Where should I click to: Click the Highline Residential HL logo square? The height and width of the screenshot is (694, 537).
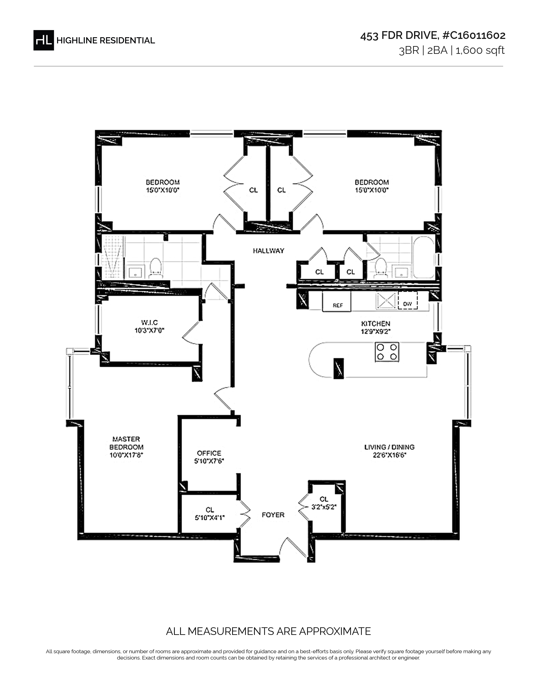44,40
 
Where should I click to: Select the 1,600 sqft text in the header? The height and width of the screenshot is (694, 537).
480,50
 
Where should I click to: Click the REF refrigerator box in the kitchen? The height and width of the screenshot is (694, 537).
337,302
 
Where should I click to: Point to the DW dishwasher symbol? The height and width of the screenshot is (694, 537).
407,301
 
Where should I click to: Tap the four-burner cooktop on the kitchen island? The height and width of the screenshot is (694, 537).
387,351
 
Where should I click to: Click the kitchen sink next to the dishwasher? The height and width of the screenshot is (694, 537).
386,301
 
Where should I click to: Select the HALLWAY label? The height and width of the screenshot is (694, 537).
268,251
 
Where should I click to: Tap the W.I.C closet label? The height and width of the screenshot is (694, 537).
150,323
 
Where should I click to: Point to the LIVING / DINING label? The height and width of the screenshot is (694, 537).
389,447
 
